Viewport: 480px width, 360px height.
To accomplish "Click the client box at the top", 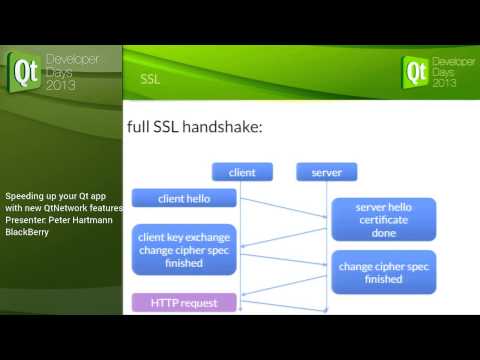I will pyautogui.click(x=242, y=172).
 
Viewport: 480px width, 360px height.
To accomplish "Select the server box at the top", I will pyautogui.click(x=327, y=172).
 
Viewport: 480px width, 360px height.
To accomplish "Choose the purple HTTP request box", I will pyautogui.click(x=184, y=301).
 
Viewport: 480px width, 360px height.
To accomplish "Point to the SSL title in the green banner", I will pyautogui.click(x=150, y=78).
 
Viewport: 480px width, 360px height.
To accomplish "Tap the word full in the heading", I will pyautogui.click(x=140, y=128).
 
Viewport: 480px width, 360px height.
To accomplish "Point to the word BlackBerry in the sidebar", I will pyautogui.click(x=28, y=232).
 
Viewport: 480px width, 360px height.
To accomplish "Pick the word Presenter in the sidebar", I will pyautogui.click(x=24, y=219).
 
